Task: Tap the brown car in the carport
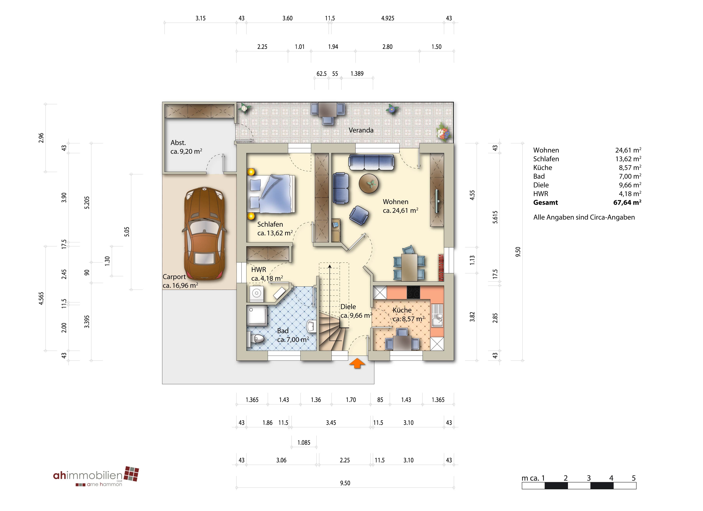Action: pyautogui.click(x=205, y=233)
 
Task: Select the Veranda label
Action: pyautogui.click(x=361, y=130)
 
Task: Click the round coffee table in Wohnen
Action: pyautogui.click(x=369, y=184)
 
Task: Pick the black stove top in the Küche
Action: pyautogui.click(x=413, y=292)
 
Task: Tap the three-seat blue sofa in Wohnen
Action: pyautogui.click(x=371, y=162)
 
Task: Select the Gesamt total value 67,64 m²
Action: pyautogui.click(x=627, y=202)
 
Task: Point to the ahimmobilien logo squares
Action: pyautogui.click(x=131, y=474)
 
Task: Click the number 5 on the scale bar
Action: pyautogui.click(x=633, y=478)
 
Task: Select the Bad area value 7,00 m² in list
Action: pyautogui.click(x=630, y=176)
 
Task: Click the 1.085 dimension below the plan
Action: pyautogui.click(x=304, y=442)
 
